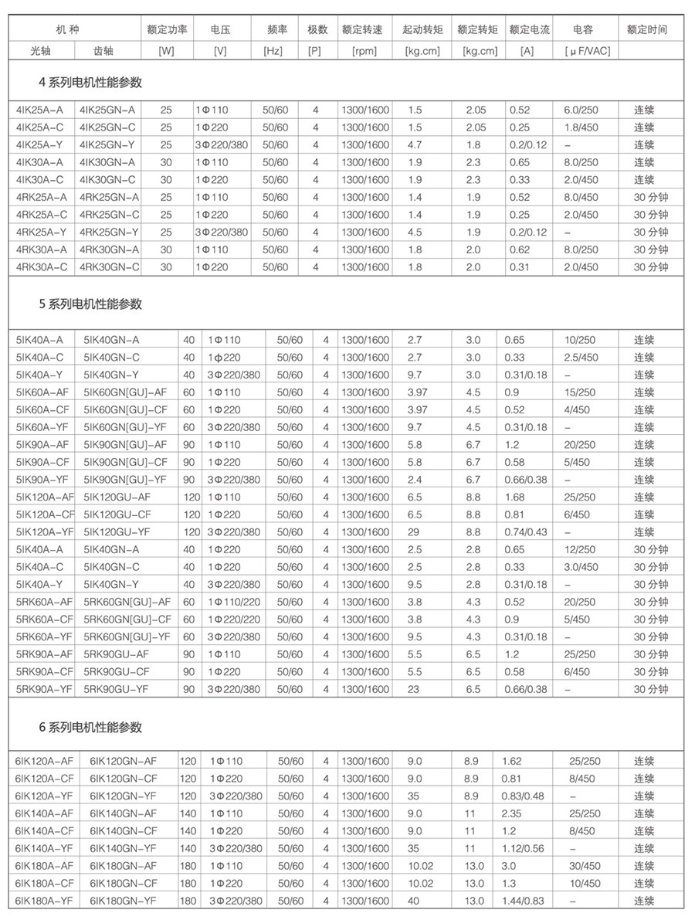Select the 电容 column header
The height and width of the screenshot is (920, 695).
(583, 30)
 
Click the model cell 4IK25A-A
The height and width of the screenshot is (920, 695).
(40, 110)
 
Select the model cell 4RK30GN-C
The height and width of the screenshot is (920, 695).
(110, 267)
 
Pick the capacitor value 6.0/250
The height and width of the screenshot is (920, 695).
(581, 110)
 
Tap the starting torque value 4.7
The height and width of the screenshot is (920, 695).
(415, 144)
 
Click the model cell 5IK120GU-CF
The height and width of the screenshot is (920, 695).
(117, 514)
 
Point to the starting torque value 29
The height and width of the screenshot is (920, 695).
(413, 532)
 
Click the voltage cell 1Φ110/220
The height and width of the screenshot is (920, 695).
(233, 602)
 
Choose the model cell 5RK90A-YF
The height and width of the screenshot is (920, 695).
(45, 689)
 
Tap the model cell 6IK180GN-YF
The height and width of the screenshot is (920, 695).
(124, 901)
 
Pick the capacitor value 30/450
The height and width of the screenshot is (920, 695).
(585, 866)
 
